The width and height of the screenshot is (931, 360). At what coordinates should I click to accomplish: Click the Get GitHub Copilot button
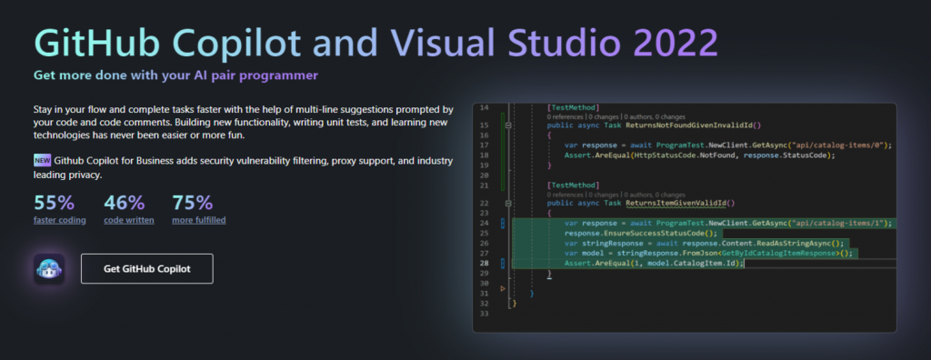146,269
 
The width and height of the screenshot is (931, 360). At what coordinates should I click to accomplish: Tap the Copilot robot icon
49,269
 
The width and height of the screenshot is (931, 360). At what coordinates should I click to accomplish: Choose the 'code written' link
129,219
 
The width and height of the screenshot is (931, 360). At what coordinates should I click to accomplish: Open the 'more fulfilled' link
198,219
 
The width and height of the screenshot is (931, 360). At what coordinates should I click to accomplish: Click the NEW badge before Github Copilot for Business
42,161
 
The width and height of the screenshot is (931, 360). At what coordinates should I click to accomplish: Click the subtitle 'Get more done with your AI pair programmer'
176,75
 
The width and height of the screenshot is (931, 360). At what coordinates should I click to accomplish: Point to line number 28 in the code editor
484,263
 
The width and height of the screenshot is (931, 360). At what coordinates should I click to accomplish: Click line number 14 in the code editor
484,107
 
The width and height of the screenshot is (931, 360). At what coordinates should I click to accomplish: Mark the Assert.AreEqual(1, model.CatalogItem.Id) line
653,263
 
